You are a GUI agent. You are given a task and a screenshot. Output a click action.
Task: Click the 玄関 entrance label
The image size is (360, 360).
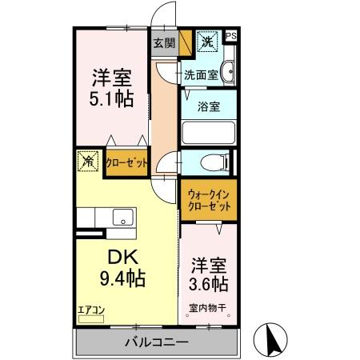[164, 42]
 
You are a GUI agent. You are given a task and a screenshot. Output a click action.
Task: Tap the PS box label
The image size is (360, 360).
[231, 36]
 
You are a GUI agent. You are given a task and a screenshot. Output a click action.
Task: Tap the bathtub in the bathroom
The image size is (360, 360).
[209, 132]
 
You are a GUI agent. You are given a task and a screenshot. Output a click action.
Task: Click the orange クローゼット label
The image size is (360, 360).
[126, 163]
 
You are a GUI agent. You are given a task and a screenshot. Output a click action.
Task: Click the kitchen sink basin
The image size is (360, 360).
[122, 217]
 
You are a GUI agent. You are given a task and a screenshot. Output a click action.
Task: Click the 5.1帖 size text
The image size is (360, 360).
[111, 100]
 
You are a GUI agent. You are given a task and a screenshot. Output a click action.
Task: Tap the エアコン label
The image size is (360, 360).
[90, 309]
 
